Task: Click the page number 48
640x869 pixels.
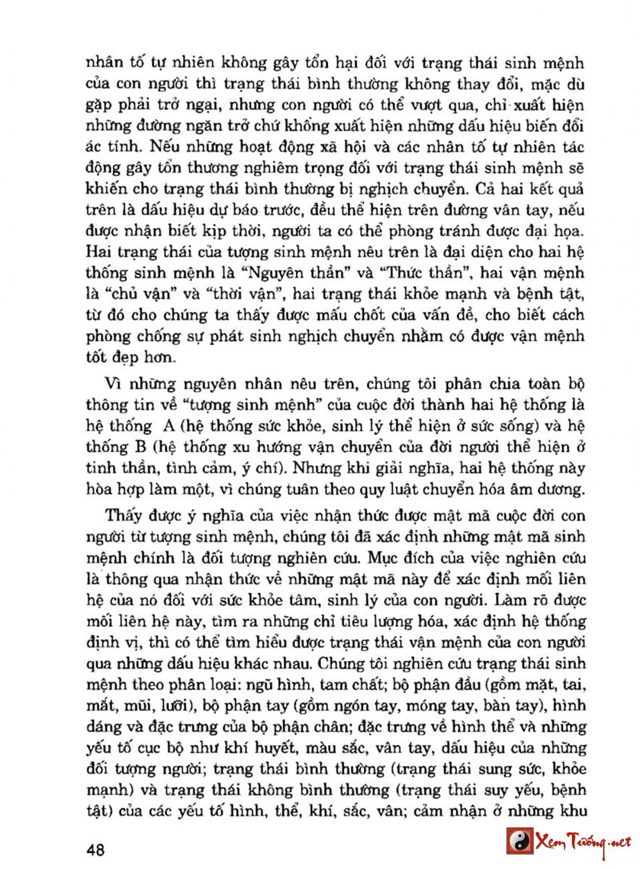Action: pos(96,848)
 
